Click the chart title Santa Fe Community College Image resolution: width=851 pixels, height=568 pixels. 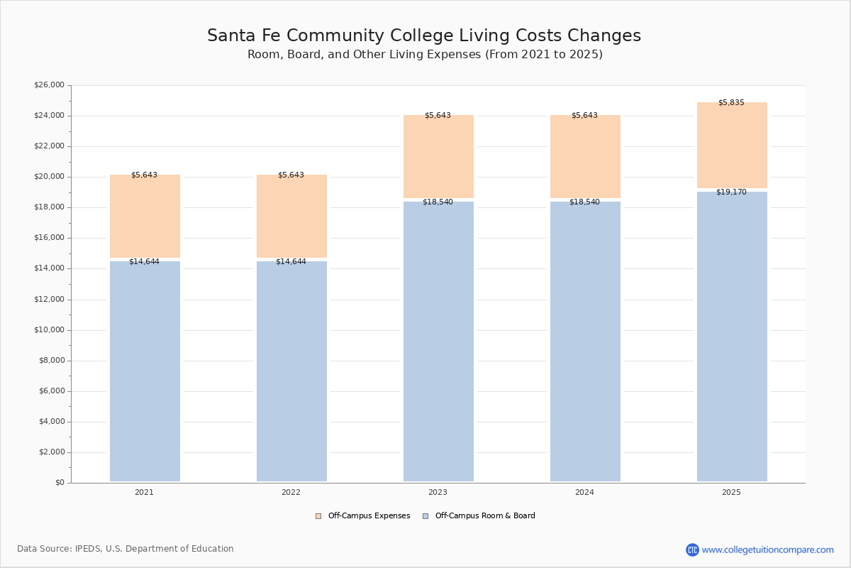coord(424,36)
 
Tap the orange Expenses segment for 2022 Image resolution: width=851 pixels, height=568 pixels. coord(291,216)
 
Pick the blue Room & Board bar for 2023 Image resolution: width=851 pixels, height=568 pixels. coord(438,341)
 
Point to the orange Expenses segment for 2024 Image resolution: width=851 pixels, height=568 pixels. coord(585,156)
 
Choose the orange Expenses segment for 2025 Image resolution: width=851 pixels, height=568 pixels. coord(732,145)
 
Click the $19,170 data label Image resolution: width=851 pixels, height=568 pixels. coord(731,192)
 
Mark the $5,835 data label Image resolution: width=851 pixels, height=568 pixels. coord(731,103)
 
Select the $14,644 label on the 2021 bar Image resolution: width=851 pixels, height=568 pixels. coord(144,262)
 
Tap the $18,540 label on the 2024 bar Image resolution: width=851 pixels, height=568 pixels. coord(584,202)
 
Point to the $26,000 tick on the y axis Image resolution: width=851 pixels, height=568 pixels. coord(49,85)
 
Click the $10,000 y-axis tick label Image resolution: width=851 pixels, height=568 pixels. coord(49,330)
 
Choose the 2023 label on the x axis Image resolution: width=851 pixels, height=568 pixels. coord(438,493)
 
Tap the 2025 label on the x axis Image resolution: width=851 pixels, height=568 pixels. coord(731,493)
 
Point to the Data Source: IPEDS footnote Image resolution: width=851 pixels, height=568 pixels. coord(126,549)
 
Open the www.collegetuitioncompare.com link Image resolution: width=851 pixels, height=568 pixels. coord(767,550)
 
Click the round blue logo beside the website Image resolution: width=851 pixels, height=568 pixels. coord(692,550)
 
